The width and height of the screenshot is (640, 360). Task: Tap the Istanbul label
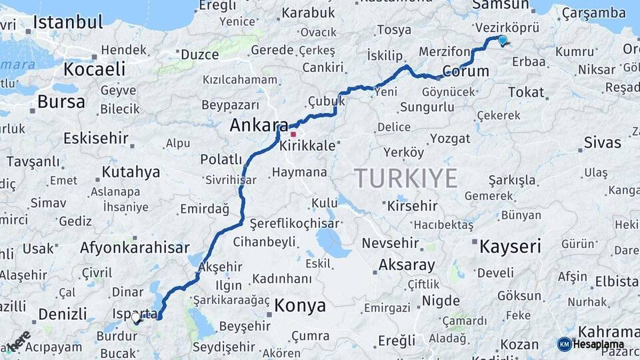[68, 22]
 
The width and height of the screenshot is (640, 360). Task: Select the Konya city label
[300, 306]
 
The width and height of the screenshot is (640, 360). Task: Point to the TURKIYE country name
[405, 179]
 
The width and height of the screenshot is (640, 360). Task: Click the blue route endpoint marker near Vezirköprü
[503, 40]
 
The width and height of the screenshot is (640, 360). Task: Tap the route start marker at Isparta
[137, 319]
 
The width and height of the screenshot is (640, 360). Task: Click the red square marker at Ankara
[293, 134]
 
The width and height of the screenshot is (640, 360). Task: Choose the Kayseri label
[510, 247]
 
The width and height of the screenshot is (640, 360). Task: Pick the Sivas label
[602, 142]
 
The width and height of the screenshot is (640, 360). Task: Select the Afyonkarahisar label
[135, 248]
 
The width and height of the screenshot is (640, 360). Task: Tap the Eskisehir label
[95, 139]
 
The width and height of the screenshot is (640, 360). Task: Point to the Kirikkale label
[307, 146]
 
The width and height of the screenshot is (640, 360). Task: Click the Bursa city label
[61, 102]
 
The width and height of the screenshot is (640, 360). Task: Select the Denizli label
[63, 314]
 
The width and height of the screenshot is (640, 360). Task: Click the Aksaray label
[407, 265]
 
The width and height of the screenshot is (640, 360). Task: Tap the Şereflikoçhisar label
[295, 224]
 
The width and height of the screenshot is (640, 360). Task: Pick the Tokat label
[526, 93]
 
